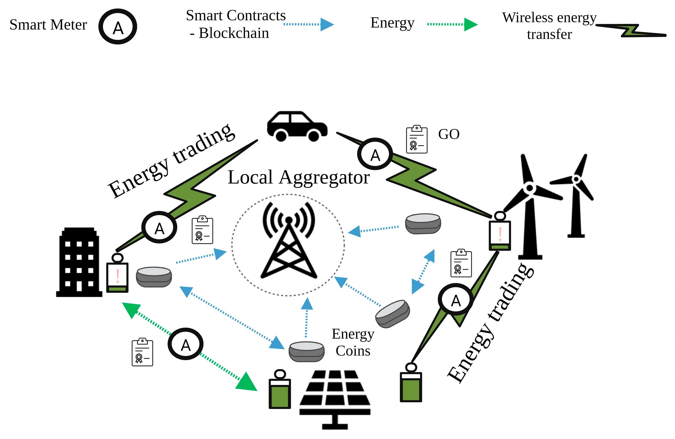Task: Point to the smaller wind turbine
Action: pos(576,196)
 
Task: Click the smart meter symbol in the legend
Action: pos(118,27)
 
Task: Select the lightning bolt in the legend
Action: pos(631,31)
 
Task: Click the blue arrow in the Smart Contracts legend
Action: pos(309,24)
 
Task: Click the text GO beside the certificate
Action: pos(449,134)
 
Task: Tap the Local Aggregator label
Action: pos(298,177)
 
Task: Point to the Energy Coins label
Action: pos(353,342)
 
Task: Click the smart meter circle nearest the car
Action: pos(375,154)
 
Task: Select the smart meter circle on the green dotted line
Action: pos(186,344)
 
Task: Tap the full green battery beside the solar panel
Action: pos(280,390)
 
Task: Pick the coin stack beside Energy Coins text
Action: pos(306,351)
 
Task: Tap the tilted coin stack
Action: pos(393,314)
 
